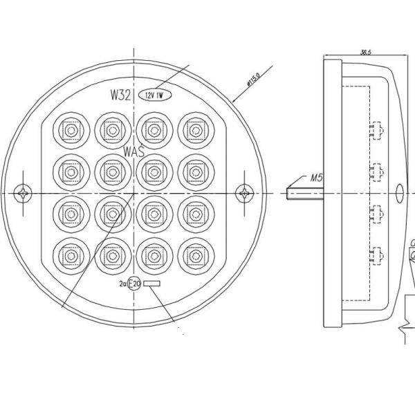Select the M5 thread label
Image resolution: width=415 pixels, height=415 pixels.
pos(317,178)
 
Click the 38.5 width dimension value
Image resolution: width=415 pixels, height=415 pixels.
pos(367,52)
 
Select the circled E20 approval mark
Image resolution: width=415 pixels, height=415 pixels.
pos(136,284)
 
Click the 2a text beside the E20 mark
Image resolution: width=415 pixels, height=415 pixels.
pos(123,284)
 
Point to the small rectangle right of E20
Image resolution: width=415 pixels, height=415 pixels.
pos(151,284)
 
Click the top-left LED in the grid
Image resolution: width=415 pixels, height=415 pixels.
pos(70,129)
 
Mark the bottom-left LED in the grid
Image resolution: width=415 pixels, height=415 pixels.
pos(70,255)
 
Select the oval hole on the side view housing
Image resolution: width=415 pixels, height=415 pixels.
pos(399,193)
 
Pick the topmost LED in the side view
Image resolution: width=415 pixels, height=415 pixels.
pos(377,129)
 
